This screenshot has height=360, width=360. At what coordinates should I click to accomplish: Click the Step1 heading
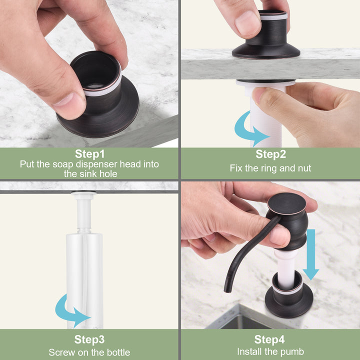[x=90, y=154]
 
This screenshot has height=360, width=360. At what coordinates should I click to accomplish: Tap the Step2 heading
[x=271, y=154]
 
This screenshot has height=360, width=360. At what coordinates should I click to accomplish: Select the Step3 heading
[x=89, y=339]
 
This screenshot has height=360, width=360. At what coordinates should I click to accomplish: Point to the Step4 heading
[x=269, y=339]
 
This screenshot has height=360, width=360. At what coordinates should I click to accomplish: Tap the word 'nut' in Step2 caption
[x=304, y=168]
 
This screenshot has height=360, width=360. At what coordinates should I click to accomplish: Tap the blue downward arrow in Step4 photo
[x=311, y=254]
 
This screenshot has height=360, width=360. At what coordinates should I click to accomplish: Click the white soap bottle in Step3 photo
[x=84, y=280]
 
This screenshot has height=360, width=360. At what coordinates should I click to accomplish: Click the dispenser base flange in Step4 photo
[x=289, y=303]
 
